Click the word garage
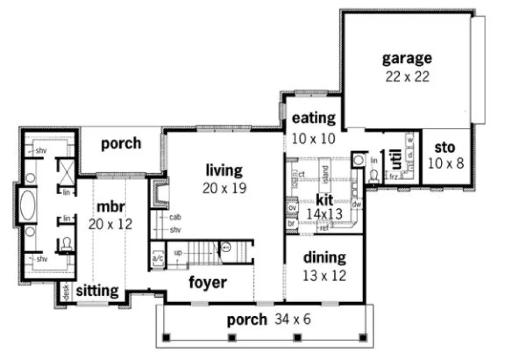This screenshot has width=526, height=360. point(407,58)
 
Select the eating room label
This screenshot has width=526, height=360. point(314,118)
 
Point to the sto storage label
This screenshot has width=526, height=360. point(445,147)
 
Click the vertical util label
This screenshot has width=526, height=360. point(397,159)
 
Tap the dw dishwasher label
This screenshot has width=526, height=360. point(356,205)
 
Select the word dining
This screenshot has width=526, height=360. point(324,257)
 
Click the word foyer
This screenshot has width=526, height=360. point(207,282)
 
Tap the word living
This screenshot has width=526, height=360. point(224,170)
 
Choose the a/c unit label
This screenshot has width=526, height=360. point(158,259)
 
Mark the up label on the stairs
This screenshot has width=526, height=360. point(178,253)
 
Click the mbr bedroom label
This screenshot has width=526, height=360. point(111,207)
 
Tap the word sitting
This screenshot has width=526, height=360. point(97,291)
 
